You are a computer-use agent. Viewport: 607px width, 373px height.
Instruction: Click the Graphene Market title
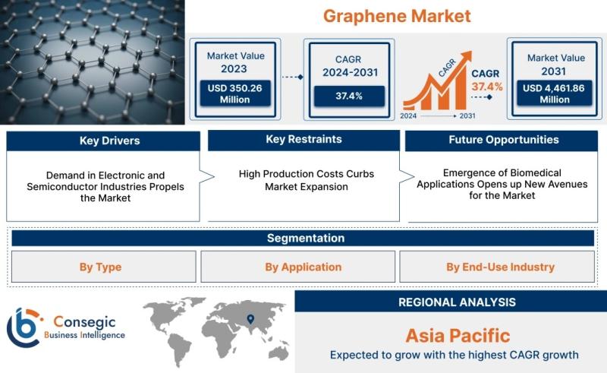[397, 16]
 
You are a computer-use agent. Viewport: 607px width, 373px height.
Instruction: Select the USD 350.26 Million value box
[235, 93]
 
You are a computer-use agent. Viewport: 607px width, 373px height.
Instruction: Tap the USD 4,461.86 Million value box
[555, 93]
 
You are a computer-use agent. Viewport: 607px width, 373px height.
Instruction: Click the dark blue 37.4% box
[349, 96]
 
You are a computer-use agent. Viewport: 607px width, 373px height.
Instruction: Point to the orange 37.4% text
[487, 87]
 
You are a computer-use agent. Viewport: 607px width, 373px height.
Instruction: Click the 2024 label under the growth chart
[408, 116]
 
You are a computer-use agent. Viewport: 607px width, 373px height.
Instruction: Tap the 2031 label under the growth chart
[467, 116]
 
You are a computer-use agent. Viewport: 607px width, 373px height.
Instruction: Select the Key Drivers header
[109, 141]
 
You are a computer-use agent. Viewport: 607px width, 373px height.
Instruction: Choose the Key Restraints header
[304, 140]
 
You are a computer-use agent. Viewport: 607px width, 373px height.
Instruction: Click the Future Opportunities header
[504, 140]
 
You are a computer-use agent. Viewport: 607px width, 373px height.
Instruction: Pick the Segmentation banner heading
[306, 238]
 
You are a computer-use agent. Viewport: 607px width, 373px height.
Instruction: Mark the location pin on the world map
[250, 319]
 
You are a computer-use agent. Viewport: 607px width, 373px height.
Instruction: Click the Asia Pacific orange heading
[458, 336]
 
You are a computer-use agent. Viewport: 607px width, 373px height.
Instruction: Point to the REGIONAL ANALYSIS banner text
[458, 302]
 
